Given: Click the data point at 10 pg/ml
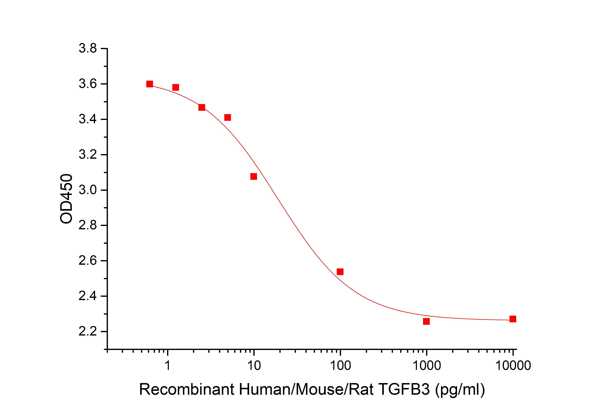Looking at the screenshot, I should coord(254,177).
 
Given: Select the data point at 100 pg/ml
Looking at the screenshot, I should coord(340,272).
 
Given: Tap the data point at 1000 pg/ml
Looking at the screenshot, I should coord(426,321).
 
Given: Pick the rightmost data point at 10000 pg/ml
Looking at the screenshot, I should coord(513,319).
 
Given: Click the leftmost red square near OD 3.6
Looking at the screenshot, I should coord(149,84).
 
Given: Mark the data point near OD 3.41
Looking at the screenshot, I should coord(228,118).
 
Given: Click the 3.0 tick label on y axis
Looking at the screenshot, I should coord(88,190).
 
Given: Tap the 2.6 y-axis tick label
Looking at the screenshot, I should coord(88,261).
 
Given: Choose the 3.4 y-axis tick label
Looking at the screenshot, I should coord(88,119).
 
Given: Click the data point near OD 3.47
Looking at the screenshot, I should coord(201,107).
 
